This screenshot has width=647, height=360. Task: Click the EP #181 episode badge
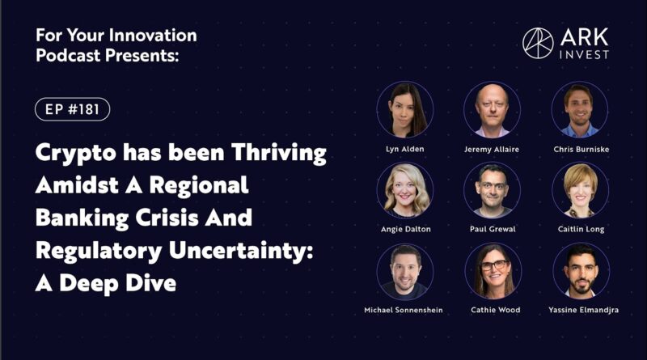72,109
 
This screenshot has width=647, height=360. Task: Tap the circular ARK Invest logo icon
538,43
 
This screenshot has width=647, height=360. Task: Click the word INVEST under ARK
584,54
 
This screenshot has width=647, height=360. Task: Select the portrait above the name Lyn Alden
405,110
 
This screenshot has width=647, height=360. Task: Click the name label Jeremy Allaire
492,150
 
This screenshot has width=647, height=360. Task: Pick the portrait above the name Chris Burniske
580,110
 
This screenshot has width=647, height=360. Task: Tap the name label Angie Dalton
406,229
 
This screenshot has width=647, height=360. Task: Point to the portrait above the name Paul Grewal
493,190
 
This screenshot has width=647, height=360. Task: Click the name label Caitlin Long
581,229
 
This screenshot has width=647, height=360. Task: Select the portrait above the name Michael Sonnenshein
405,271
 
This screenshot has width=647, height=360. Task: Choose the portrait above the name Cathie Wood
493,271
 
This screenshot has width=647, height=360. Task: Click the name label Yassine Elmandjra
583,310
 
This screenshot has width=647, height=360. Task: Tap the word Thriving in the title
278,153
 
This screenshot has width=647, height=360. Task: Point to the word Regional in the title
199,185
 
